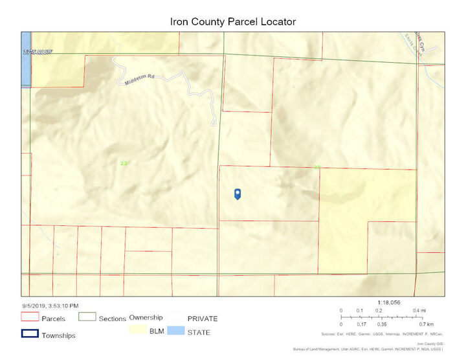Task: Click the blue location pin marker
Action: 238,194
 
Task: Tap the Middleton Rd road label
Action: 137,79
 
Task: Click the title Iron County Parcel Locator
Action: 232,21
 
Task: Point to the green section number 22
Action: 124,163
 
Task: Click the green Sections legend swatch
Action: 87,317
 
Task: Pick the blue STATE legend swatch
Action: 176,331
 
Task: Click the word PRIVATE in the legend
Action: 202,319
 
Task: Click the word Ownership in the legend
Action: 146,317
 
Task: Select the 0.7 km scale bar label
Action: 425,324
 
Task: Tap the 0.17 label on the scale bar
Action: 361,324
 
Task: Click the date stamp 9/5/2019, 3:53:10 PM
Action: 50,305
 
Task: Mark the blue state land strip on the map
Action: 25,58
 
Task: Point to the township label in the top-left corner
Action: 37,51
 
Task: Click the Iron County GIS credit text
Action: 429,344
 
